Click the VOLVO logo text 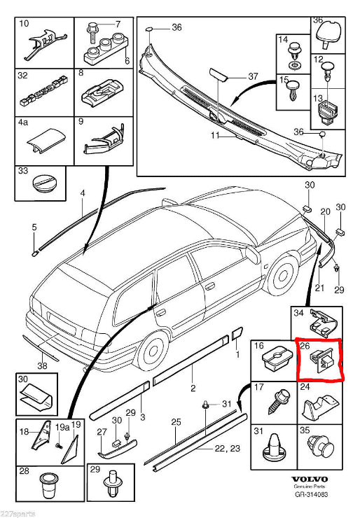[x=310, y=479]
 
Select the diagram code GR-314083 [x=311, y=494]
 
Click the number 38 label [x=42, y=365]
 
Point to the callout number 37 [x=253, y=76]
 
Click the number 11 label [x=215, y=135]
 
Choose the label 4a [x=23, y=122]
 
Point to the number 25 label [x=176, y=422]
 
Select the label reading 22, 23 [x=227, y=448]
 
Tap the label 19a [x=62, y=427]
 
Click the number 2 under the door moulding [x=193, y=388]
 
